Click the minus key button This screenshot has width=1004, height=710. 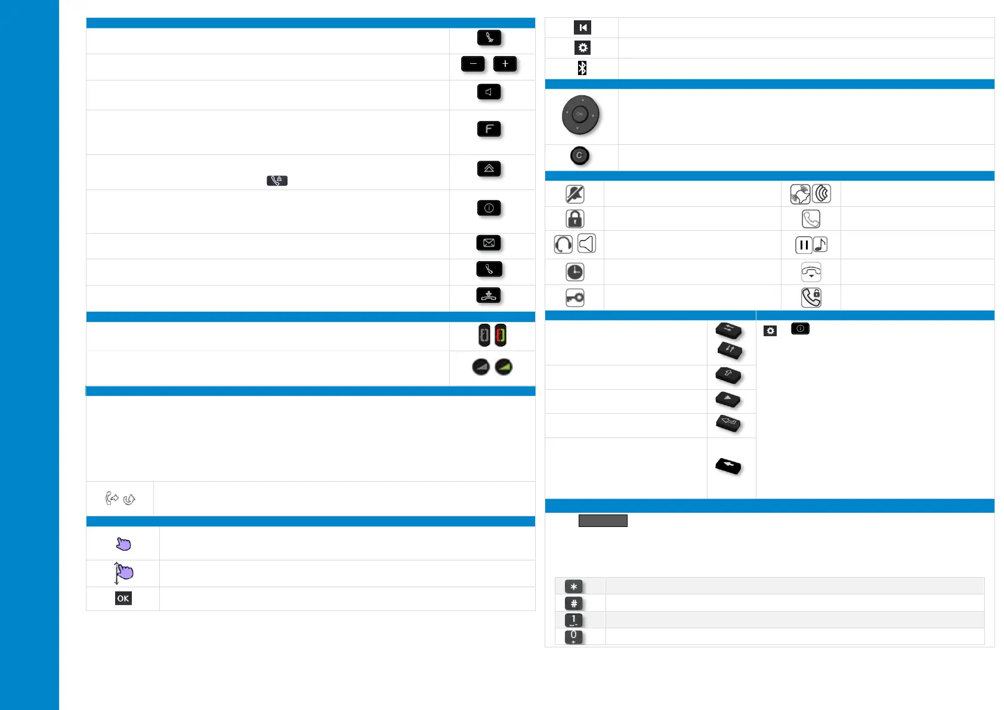(472, 64)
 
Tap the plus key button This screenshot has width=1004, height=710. (505, 64)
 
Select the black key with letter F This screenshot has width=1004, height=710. (489, 129)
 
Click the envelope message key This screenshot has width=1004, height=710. (489, 243)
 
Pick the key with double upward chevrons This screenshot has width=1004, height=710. (489, 169)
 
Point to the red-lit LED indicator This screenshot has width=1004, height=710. (501, 336)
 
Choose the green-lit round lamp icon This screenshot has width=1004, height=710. (503, 367)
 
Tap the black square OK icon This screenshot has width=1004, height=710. (123, 599)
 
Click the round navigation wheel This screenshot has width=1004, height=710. (580, 114)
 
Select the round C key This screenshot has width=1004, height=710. (579, 156)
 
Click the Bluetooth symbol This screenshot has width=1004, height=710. (582, 68)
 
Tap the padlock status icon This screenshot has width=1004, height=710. (574, 219)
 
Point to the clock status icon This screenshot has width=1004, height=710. (574, 272)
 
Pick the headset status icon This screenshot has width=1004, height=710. (563, 244)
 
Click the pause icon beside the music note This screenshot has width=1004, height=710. (804, 245)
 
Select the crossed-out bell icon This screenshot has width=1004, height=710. (574, 194)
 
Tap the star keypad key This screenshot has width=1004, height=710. (574, 587)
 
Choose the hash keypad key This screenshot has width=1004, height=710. (574, 603)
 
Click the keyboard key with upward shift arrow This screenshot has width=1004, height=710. (728, 376)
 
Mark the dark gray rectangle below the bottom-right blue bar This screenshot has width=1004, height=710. (603, 521)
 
